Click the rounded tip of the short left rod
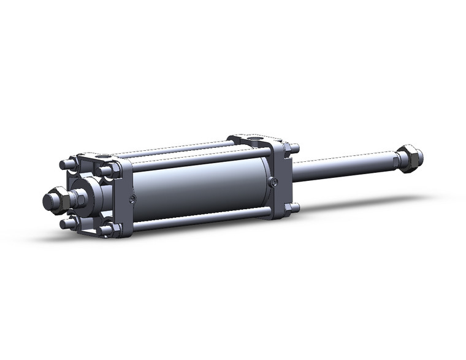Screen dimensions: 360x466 pyautogui.click(x=47, y=201)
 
